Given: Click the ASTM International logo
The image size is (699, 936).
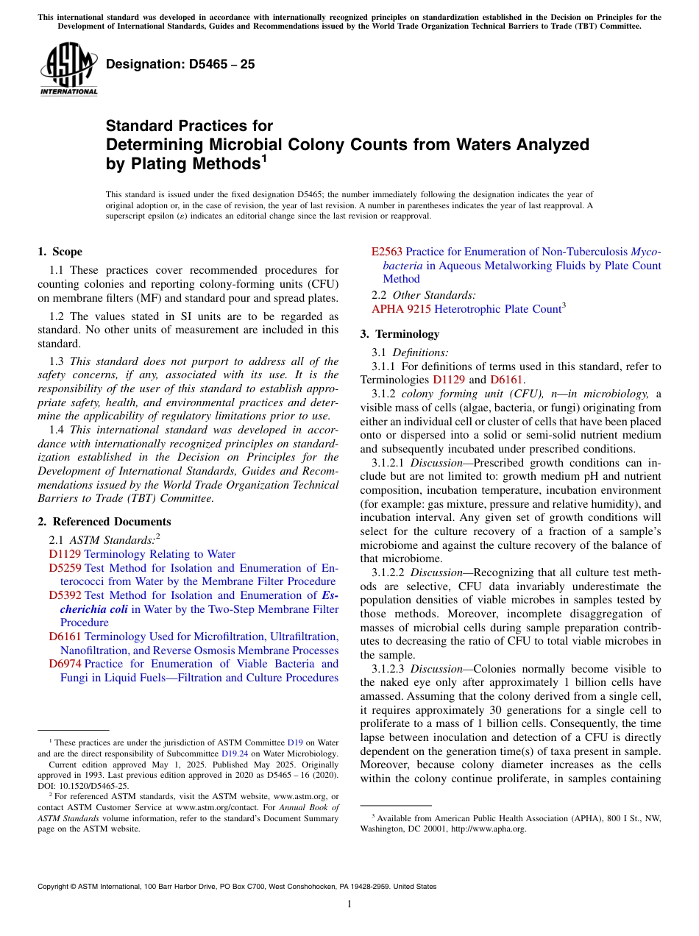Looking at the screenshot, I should tap(68, 69).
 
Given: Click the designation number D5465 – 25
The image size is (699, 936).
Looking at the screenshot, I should tap(180, 64).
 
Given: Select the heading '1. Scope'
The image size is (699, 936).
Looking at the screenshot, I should tap(60, 252).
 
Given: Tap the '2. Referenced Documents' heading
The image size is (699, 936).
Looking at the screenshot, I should tap(104, 522).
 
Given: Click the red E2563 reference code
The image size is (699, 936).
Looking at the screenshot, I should tap(387, 252).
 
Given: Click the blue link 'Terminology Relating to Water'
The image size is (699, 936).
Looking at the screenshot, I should tap(160, 554).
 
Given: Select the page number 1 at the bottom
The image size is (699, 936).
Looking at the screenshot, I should tap(349, 904).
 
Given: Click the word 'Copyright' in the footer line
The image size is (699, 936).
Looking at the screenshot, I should tap(54, 887).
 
